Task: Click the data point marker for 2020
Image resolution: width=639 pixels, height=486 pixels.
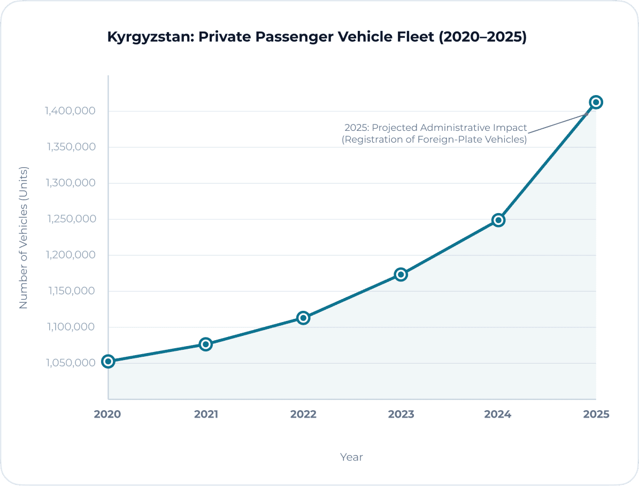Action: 108,362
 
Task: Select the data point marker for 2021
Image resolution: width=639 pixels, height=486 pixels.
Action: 206,344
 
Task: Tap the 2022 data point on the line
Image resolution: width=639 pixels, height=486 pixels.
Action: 303,318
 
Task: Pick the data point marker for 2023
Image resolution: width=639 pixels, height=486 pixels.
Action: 401,275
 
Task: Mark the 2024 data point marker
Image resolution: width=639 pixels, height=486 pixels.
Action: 498,220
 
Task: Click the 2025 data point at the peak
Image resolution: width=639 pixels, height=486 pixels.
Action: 596,102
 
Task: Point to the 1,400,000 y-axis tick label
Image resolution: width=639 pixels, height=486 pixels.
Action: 71,111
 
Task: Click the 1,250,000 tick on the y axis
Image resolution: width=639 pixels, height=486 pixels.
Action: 71,219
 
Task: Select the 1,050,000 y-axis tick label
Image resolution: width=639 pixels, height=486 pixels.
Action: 71,363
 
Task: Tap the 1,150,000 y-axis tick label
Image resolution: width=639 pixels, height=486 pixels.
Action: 71,291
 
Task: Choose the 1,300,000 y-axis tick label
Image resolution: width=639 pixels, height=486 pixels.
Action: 71,183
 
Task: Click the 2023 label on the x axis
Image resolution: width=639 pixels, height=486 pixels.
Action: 401,414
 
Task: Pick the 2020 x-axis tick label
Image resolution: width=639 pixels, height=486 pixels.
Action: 108,414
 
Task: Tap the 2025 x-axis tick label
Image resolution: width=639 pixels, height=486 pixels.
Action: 596,414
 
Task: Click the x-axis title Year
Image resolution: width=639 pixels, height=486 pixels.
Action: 351,457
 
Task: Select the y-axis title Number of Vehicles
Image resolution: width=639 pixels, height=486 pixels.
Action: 23,238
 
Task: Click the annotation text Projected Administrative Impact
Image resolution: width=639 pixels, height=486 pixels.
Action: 449,128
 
